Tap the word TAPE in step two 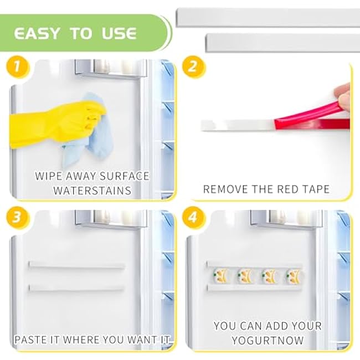pos(316,189)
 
